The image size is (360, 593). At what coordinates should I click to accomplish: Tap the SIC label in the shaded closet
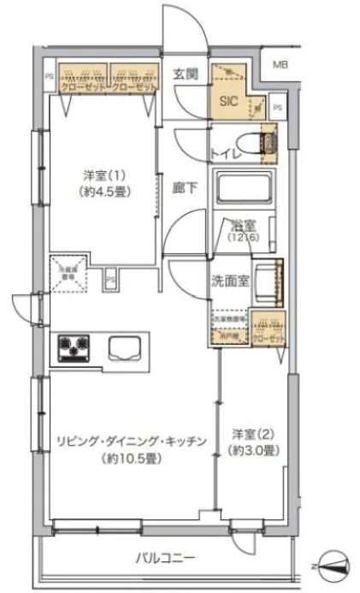click(x=229, y=99)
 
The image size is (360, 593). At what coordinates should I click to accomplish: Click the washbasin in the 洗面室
click(x=267, y=280)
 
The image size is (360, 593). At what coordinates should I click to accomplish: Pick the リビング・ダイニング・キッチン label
click(x=130, y=442)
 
